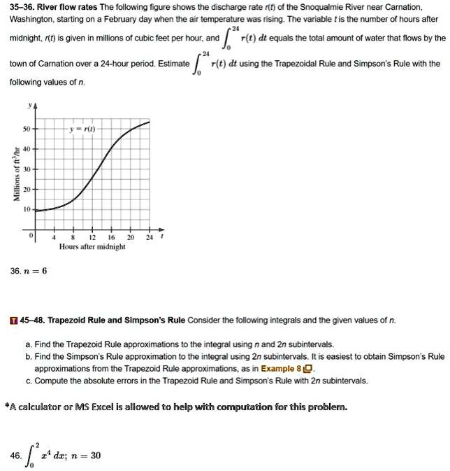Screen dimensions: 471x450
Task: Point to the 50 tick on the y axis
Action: pyautogui.click(x=26, y=131)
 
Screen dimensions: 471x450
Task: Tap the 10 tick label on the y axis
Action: pyautogui.click(x=26, y=209)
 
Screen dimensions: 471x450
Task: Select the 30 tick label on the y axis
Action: pyautogui.click(x=26, y=170)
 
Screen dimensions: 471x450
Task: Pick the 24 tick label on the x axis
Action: pyautogui.click(x=149, y=238)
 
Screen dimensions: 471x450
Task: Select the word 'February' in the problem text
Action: pyautogui.click(x=122, y=20)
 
